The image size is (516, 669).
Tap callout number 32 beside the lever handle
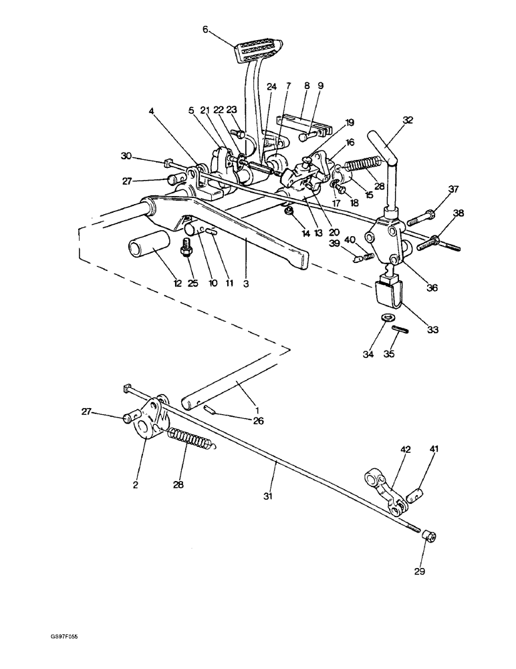point(407,120)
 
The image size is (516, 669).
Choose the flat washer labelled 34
point(386,317)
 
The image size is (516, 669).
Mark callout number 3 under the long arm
point(247,284)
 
